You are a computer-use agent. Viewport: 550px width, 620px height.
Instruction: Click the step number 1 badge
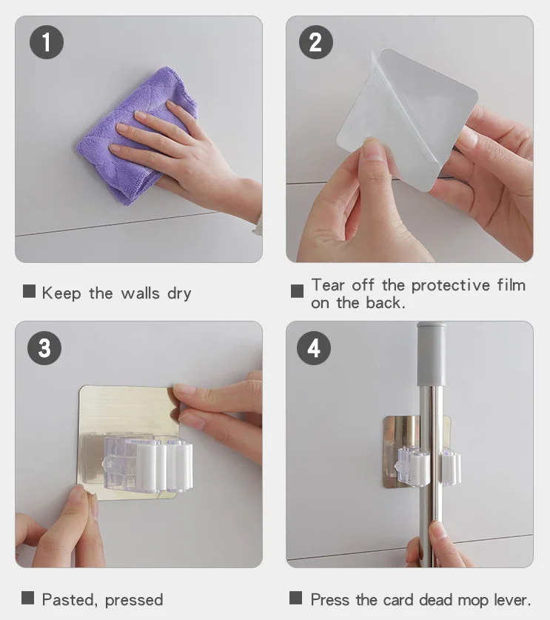[47, 42]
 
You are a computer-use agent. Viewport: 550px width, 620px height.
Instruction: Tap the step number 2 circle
[315, 42]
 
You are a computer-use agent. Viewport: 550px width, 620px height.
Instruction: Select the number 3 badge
[44, 348]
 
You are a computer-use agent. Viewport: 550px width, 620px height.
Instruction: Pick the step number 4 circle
[314, 348]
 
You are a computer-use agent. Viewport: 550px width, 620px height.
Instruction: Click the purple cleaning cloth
[134, 134]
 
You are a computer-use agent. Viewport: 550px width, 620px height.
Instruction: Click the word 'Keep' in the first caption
[61, 293]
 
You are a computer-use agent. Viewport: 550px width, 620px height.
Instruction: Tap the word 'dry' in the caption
[179, 294]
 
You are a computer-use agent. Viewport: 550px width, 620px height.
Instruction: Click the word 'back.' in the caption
[386, 303]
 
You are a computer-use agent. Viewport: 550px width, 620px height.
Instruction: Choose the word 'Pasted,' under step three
[70, 600]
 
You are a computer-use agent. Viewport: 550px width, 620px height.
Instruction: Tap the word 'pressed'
[134, 601]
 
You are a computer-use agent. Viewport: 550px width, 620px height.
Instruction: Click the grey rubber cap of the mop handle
[431, 354]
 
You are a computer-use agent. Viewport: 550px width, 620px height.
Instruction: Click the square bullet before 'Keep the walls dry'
[29, 291]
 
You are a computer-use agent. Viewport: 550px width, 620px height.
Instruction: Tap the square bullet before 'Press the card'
[295, 598]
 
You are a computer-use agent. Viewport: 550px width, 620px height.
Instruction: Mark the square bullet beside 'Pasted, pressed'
[27, 598]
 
